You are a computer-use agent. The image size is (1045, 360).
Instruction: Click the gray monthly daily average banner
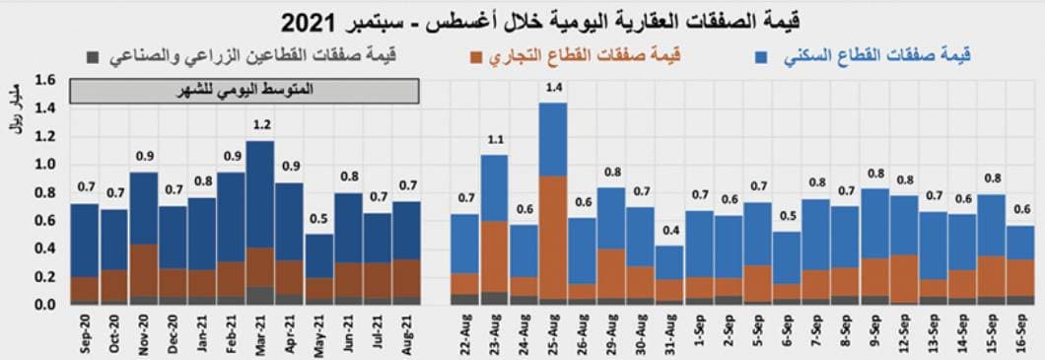pyautogui.click(x=245, y=90)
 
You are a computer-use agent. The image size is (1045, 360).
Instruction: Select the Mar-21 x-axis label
pyautogui.click(x=261, y=332)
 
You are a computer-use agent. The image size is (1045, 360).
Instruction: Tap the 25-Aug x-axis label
pyautogui.click(x=552, y=332)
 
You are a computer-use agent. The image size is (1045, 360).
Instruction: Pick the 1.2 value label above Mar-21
pyautogui.click(x=261, y=125)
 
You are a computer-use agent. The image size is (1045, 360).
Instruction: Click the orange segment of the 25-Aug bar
pyautogui.click(x=552, y=237)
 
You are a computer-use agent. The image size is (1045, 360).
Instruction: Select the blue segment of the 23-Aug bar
pyautogui.click(x=494, y=187)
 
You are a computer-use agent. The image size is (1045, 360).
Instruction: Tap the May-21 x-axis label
pyautogui.click(x=319, y=332)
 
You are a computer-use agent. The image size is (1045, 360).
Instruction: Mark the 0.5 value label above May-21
pyautogui.click(x=319, y=218)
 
